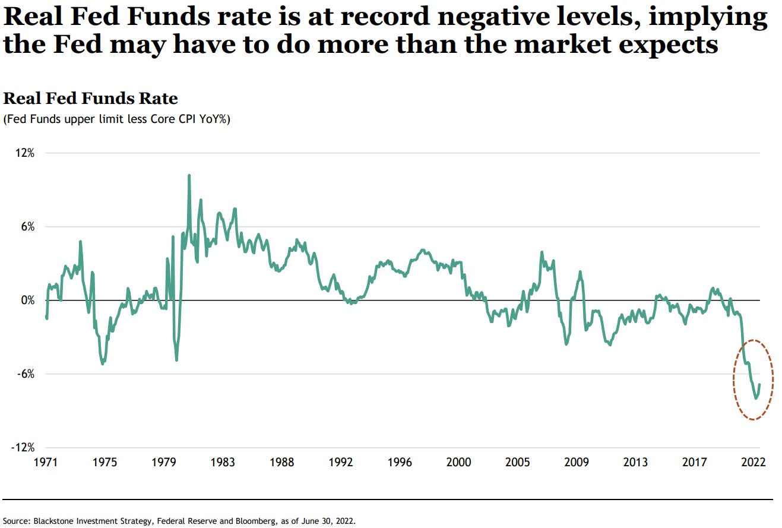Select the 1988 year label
(281, 463)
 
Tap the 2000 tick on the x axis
(458, 463)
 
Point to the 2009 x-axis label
(576, 463)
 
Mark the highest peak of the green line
(189, 176)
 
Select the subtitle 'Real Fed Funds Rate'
(91, 98)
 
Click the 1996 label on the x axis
(399, 463)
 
